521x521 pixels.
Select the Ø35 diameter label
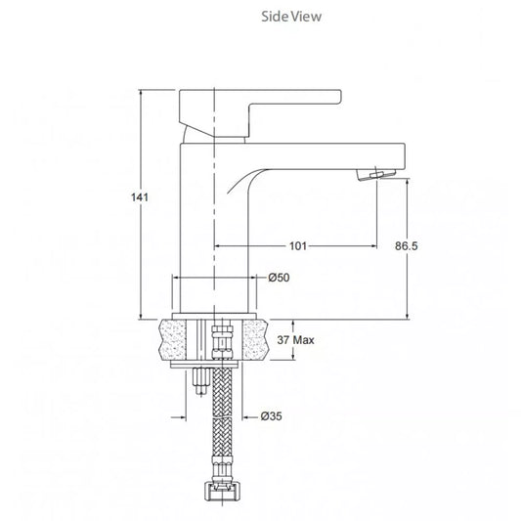click(272, 417)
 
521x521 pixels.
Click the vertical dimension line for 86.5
click(409, 283)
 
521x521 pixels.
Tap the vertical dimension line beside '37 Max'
click(291, 340)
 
